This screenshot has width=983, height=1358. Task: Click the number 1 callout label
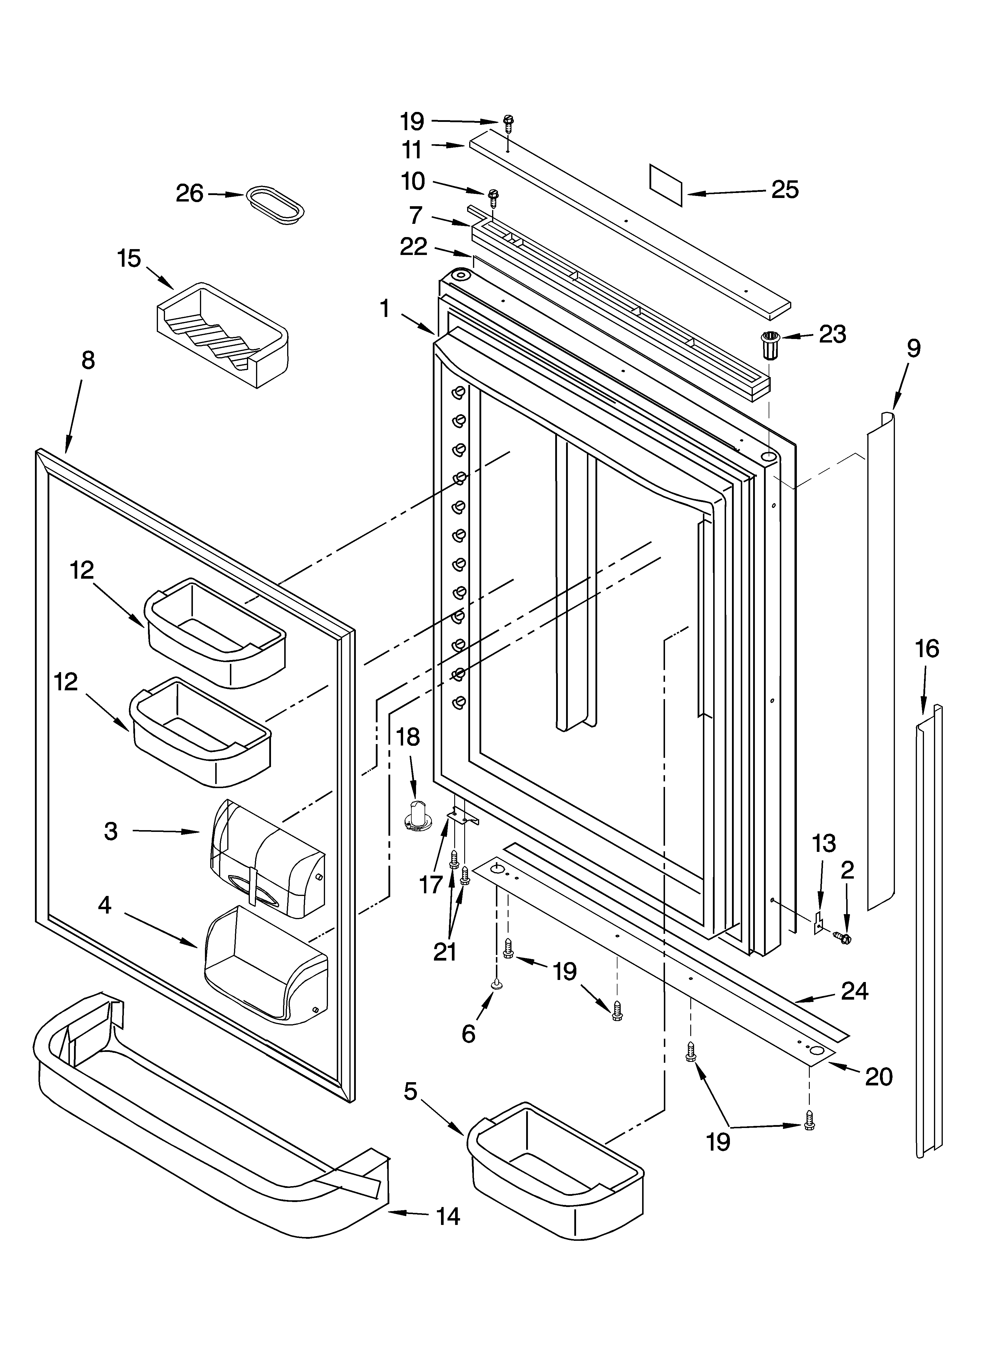click(385, 309)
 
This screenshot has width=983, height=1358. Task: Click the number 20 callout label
click(878, 1077)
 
